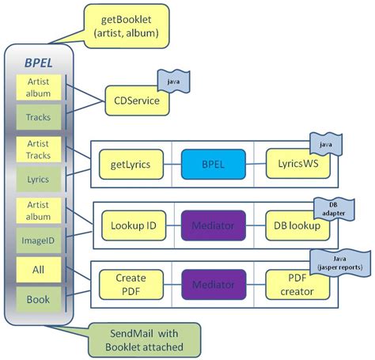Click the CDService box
point(138,100)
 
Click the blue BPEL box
point(213,165)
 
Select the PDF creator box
point(297,285)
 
